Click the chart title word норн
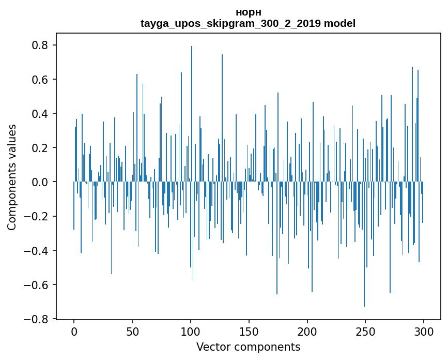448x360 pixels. pos(248,12)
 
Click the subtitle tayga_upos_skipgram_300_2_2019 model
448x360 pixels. pos(248,24)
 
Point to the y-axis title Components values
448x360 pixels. pos(12,177)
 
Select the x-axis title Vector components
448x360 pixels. pos(248,347)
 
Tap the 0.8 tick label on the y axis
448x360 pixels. pos(40,46)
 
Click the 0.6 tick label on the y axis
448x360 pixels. pos(40,80)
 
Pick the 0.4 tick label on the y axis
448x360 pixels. pos(40,114)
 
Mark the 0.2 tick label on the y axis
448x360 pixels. pos(40,148)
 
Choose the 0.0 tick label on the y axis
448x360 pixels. pos(40,182)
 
